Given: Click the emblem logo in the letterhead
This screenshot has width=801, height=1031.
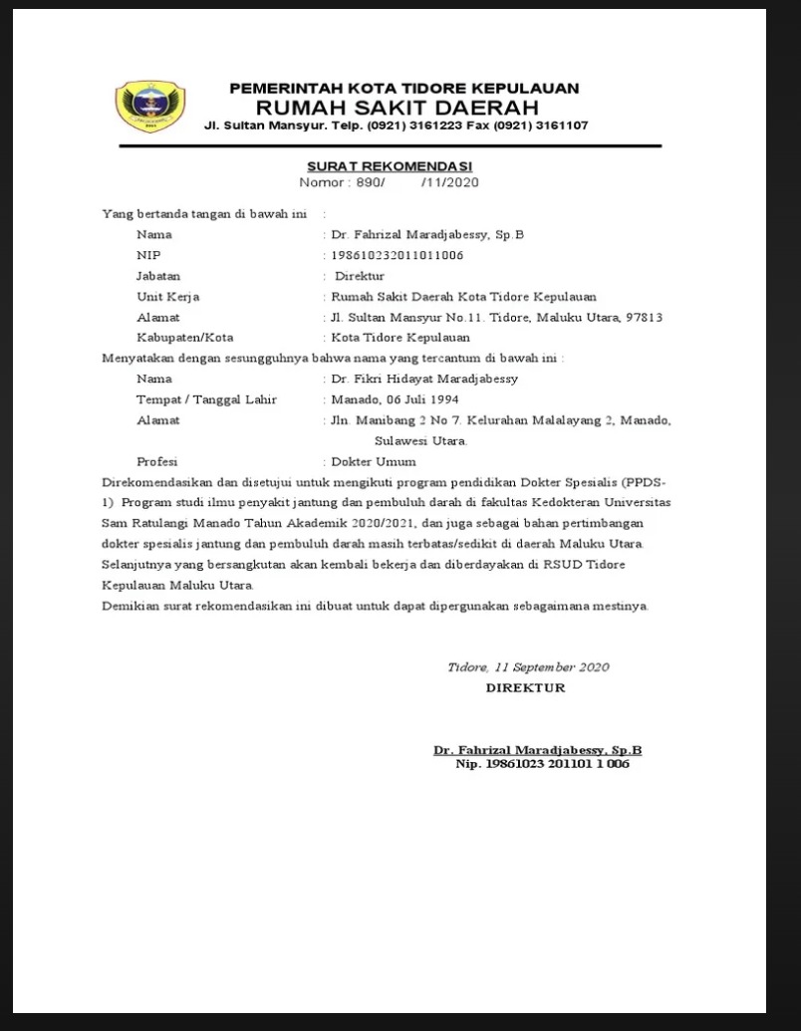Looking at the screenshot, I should tap(150, 108).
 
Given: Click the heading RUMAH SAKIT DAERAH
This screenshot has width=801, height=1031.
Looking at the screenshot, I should tap(397, 107).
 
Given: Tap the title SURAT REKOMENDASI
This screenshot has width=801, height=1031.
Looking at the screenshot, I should tap(390, 166).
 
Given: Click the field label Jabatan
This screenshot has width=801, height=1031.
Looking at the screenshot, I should tap(158, 276).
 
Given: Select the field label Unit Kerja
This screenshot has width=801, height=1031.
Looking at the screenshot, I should tap(168, 297).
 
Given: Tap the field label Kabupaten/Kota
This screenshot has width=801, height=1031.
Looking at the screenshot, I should tap(185, 338).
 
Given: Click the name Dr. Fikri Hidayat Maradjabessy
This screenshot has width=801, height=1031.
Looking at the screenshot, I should tap(424, 379).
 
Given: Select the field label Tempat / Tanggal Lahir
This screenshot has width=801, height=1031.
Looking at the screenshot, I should tap(207, 399).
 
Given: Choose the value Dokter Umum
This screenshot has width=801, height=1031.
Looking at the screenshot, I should tap(374, 462).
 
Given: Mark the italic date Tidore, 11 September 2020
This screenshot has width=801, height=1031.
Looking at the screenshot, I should tap(528, 667).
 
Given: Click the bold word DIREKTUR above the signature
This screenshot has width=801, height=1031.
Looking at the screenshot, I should tap(525, 687).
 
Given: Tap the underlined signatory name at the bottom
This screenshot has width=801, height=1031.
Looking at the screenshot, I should tap(537, 750).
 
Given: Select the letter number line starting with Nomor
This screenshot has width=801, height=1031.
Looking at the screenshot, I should tap(390, 182).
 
